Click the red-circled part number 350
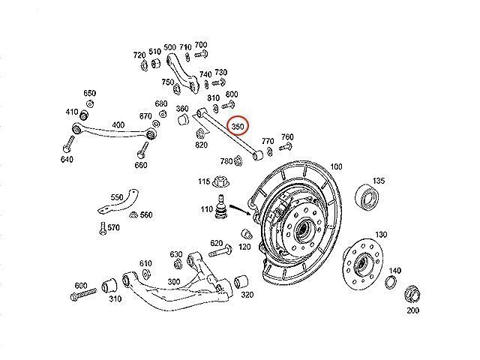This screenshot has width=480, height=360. click(x=239, y=127)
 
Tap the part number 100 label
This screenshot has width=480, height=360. click(x=335, y=166)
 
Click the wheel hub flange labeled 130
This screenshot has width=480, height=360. click(x=358, y=263)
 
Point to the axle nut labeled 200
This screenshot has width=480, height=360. click(x=412, y=292)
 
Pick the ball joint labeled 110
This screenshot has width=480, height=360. click(x=222, y=208)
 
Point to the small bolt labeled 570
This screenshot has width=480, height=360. click(x=101, y=227)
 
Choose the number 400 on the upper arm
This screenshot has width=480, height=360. click(x=118, y=124)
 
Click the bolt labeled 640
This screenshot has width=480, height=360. click(x=70, y=143)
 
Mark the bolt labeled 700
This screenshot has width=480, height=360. click(x=201, y=55)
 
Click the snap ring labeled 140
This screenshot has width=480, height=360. click(x=390, y=282)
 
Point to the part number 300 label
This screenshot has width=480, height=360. click(x=173, y=282)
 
